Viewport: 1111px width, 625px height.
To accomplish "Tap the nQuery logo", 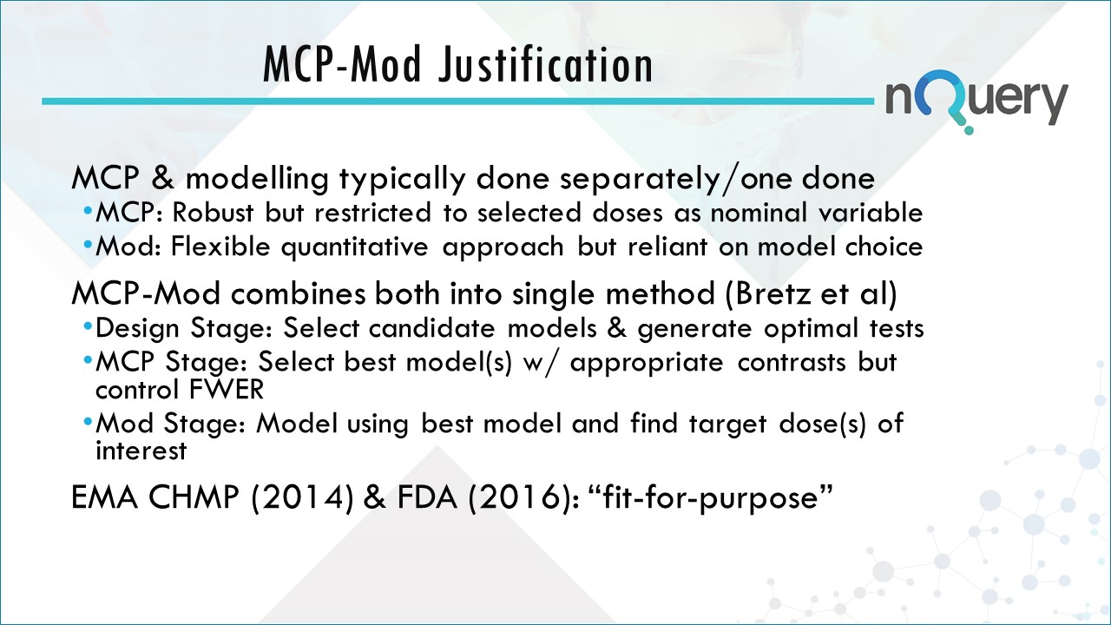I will (x=976, y=102).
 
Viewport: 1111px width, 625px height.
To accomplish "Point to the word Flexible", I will (x=212, y=247).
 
